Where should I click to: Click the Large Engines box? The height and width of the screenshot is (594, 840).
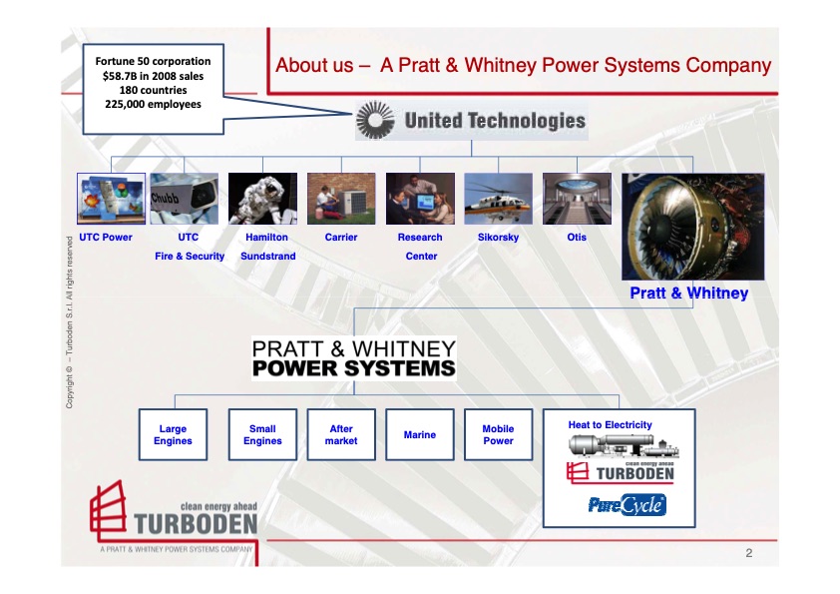pos(173,435)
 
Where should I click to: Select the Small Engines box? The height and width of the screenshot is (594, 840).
pos(262,435)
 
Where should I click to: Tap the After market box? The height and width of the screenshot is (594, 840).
pos(341,435)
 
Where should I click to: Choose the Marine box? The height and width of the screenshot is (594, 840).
pos(420,435)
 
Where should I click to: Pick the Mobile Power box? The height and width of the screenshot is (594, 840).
pos(498,435)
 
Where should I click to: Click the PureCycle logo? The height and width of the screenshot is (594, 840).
pos(628,505)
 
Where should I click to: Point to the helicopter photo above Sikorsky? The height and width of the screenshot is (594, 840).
pos(498,199)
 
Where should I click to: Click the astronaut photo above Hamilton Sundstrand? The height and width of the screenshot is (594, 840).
pos(262,199)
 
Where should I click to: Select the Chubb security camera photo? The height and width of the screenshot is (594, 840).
pos(185,199)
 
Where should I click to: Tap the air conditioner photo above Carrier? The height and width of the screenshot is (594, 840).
pos(341,199)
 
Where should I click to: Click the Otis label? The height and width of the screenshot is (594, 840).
pos(577,237)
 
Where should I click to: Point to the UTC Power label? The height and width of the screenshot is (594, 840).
pos(106,237)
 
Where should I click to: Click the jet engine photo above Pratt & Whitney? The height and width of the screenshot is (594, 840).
pos(693,227)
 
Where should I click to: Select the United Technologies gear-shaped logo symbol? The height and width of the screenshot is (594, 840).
pos(375,120)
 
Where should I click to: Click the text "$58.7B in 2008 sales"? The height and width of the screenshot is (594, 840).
pos(154,76)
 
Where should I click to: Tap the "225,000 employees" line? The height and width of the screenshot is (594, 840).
pos(154,104)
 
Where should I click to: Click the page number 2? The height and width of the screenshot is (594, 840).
pos(749,553)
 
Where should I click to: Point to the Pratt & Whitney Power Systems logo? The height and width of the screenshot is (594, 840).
pos(354,358)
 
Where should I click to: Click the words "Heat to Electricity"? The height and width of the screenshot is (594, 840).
pos(611,424)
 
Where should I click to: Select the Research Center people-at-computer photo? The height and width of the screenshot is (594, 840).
pos(420,199)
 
